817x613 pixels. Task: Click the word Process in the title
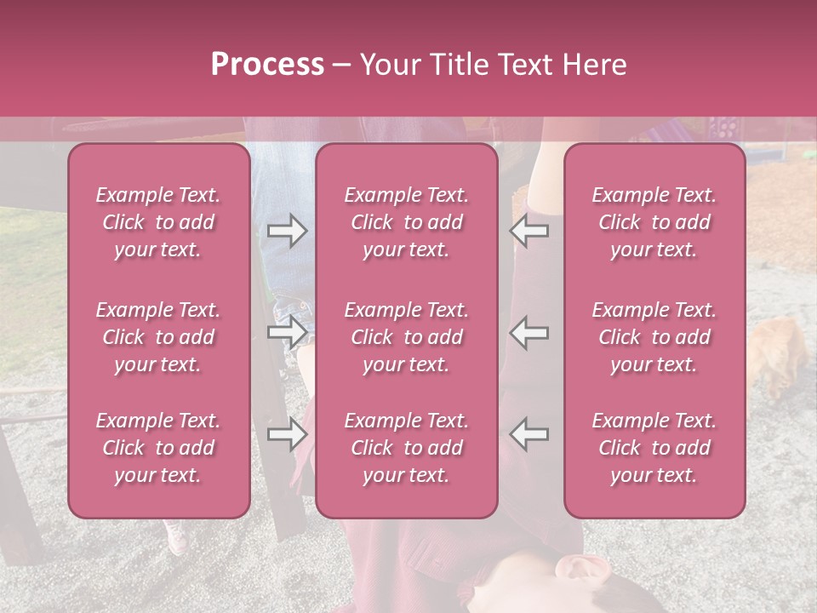[x=267, y=65]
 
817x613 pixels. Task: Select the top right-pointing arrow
[x=287, y=231]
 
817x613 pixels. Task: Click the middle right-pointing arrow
[x=287, y=333]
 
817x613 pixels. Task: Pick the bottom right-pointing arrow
[x=287, y=434]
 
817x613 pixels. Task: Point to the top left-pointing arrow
[x=529, y=231]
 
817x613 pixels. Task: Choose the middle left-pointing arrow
[x=529, y=333]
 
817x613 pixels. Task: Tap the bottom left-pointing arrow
[x=529, y=434]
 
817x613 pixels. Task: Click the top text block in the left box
[x=158, y=222]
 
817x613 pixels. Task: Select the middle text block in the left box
[x=158, y=337]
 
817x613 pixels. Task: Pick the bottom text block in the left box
[x=158, y=448]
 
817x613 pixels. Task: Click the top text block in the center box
[x=407, y=222]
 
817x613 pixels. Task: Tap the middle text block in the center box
[x=407, y=337]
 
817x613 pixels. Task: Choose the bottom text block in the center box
[x=407, y=448]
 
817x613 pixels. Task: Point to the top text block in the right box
[x=654, y=222]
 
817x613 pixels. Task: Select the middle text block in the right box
[x=654, y=337]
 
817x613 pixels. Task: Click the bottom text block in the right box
[x=654, y=448]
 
